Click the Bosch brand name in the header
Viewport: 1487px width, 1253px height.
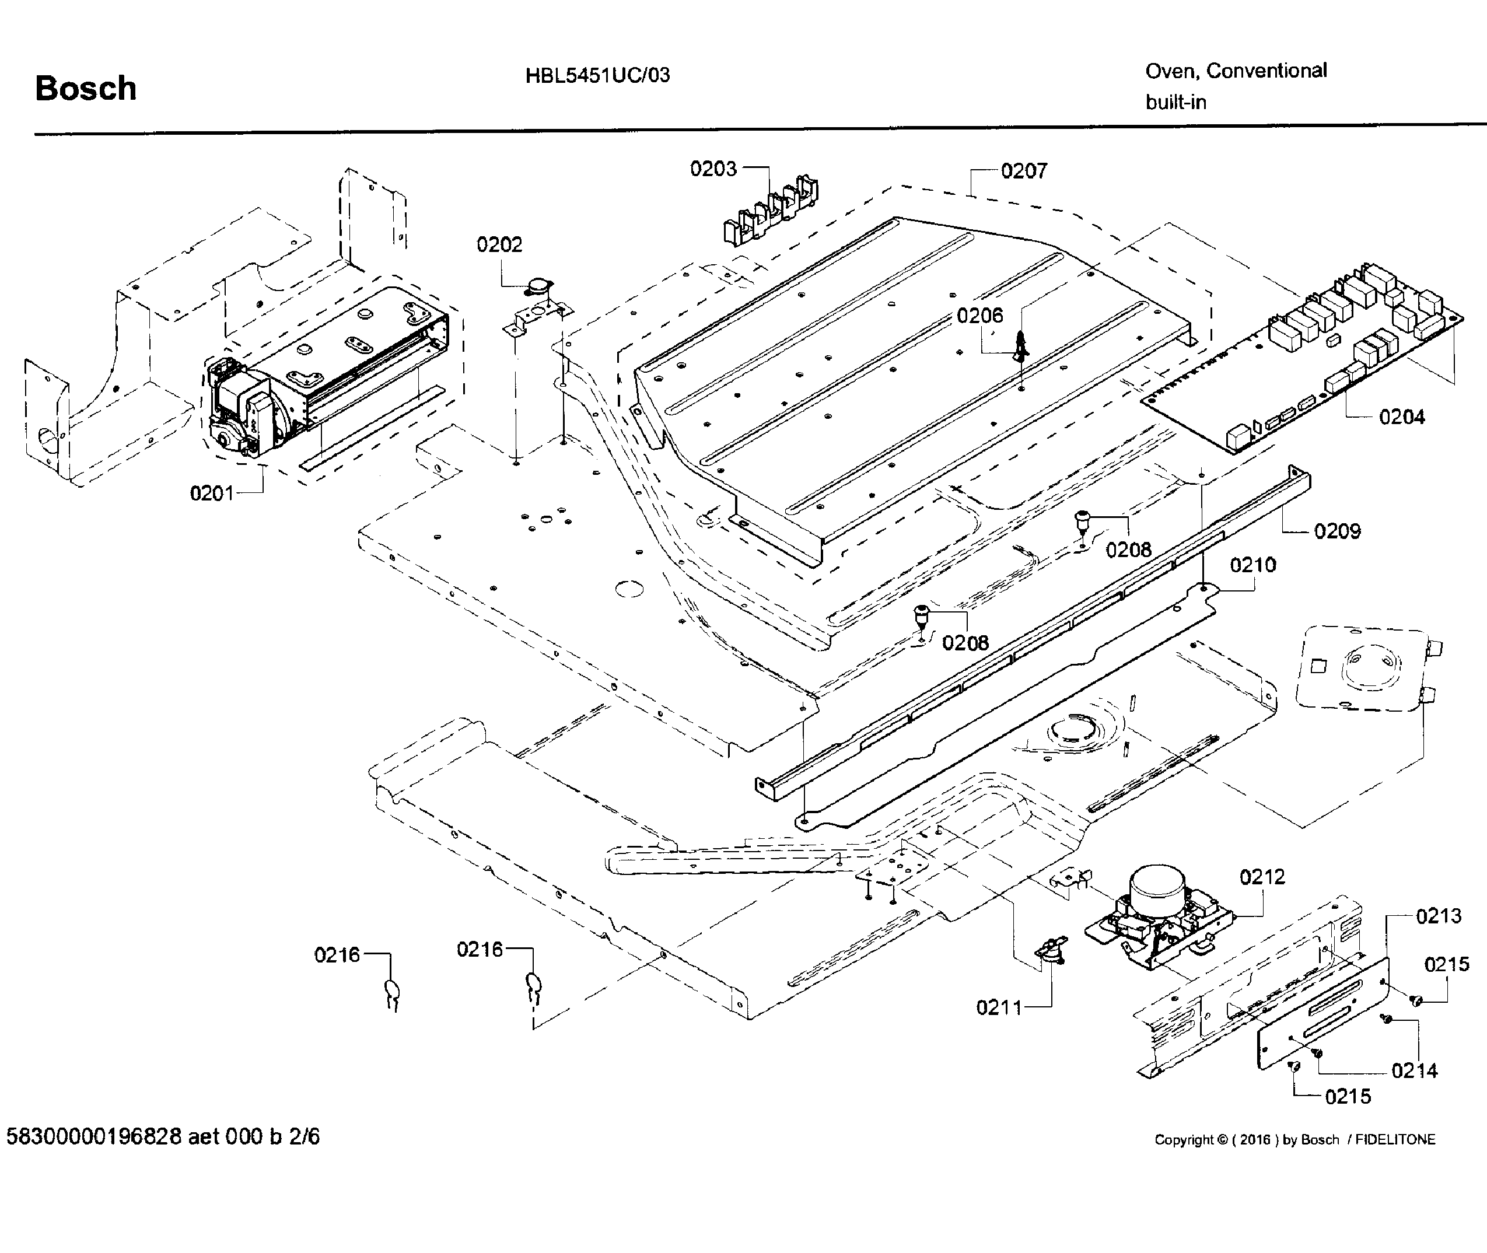coord(85,89)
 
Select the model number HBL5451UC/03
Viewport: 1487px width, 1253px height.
coord(597,75)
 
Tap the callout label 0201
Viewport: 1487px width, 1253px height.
coord(211,493)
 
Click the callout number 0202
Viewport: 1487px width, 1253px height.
coord(499,244)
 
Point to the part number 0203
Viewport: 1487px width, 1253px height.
coord(713,169)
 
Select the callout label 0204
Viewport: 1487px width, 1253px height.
coord(1401,417)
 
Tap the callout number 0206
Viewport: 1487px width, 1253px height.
coord(979,316)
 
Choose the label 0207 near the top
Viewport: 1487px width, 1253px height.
coord(1023,170)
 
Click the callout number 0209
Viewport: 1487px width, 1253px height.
coord(1336,531)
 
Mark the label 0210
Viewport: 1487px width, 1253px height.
coord(1252,565)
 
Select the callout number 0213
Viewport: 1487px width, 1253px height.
coord(1438,916)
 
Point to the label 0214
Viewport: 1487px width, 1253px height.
coord(1414,1070)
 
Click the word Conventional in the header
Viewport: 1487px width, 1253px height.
coord(1266,71)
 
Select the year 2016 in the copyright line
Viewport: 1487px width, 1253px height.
coord(1255,1140)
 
